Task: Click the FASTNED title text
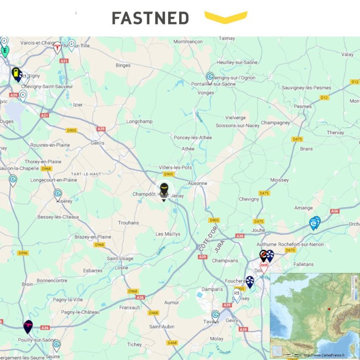click(150, 18)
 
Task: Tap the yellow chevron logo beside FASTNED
click(226, 17)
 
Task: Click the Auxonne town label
click(198, 183)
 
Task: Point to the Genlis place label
click(97, 143)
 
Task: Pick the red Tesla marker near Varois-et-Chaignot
click(58, 48)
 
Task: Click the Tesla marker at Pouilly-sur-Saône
click(28, 326)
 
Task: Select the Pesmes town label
click(303, 106)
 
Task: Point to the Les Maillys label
click(168, 234)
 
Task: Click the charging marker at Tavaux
click(216, 315)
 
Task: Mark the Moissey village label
click(279, 180)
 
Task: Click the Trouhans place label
click(128, 223)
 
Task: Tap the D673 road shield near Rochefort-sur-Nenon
click(290, 250)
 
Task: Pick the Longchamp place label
click(139, 121)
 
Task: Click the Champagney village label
click(276, 123)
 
